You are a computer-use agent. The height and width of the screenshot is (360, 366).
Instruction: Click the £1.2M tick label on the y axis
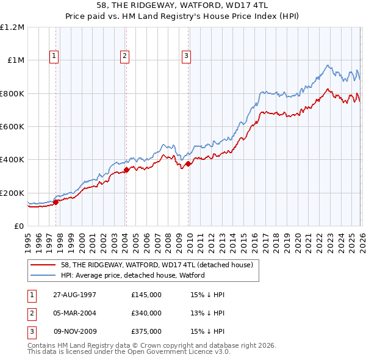click(x=12, y=27)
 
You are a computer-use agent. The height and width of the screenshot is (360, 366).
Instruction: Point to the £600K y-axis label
click(x=12, y=127)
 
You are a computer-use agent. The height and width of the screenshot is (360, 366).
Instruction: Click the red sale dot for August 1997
click(x=56, y=202)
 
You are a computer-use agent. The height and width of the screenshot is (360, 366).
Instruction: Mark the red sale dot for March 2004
click(x=126, y=170)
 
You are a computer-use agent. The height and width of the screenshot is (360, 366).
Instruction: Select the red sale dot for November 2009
click(x=188, y=164)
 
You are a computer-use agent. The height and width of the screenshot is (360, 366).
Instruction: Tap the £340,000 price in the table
click(x=146, y=313)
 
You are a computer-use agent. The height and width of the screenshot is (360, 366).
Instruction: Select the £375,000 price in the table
click(x=146, y=331)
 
